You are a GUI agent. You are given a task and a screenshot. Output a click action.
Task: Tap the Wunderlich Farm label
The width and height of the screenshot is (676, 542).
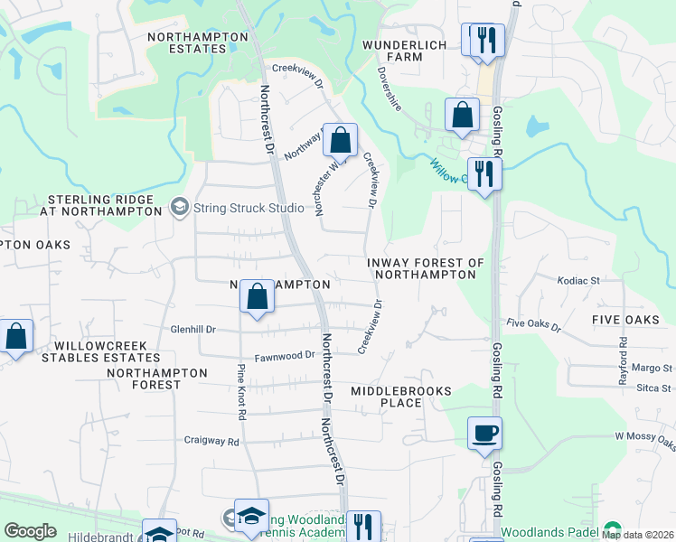click(406, 50)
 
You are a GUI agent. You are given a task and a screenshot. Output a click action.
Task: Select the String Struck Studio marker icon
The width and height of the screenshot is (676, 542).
click(180, 207)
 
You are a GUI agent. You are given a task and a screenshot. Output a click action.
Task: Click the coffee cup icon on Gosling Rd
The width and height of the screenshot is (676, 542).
click(485, 433)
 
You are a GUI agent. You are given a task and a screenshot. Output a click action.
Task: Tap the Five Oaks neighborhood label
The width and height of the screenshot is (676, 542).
click(632, 321)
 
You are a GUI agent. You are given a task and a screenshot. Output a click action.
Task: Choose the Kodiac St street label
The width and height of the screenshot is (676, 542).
click(578, 282)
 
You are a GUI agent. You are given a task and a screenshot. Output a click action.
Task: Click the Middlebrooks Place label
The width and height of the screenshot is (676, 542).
click(399, 396)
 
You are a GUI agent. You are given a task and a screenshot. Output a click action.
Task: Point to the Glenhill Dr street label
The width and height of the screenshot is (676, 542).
click(192, 330)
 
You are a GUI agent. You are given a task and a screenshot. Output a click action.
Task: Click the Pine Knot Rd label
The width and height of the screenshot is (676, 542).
click(241, 392)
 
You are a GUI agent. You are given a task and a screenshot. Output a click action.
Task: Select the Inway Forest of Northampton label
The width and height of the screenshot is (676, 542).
click(426, 268)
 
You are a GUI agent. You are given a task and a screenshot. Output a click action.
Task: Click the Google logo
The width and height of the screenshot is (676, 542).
click(30, 531)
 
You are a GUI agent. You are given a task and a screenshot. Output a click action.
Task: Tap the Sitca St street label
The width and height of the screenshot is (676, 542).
click(654, 388)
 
